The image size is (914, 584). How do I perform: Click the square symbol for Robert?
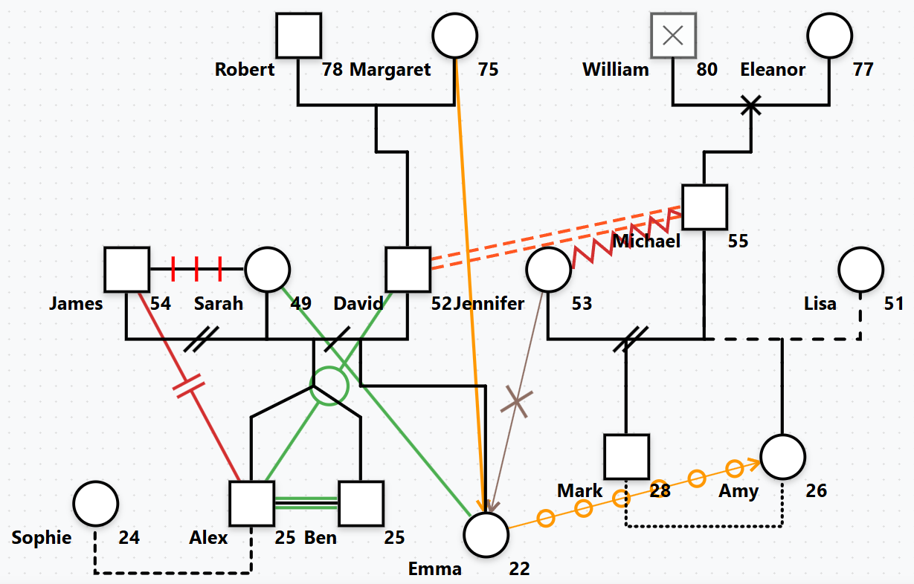pyautogui.click(x=298, y=35)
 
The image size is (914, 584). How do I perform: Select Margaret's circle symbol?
pyautogui.click(x=455, y=35)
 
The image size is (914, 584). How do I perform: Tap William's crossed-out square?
pyautogui.click(x=673, y=35)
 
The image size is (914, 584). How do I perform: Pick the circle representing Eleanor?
pyautogui.click(x=830, y=35)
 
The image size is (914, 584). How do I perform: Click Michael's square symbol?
pyautogui.click(x=704, y=206)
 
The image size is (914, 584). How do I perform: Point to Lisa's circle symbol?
pyautogui.click(x=861, y=269)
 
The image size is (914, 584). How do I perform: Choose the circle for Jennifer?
pyautogui.click(x=548, y=269)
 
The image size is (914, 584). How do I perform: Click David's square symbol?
pyautogui.click(x=408, y=269)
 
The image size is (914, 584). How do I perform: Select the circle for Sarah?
pyautogui.click(x=267, y=269)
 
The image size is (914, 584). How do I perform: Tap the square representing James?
pyautogui.click(x=126, y=269)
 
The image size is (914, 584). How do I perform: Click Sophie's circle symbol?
pyautogui.click(x=95, y=503)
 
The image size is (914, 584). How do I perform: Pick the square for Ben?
pyautogui.click(x=361, y=503)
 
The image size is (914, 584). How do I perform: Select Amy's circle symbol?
pyautogui.click(x=782, y=456)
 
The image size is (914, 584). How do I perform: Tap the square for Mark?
pyautogui.click(x=626, y=456)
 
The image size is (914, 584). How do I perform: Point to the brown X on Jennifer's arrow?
pyautogui.click(x=517, y=402)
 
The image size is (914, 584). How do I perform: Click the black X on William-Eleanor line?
pyautogui.click(x=751, y=106)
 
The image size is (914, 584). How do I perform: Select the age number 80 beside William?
pyautogui.click(x=707, y=70)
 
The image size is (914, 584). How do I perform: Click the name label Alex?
pyautogui.click(x=208, y=538)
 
